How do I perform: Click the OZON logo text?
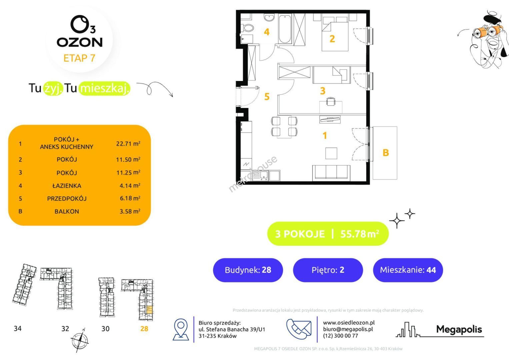coord(80,42)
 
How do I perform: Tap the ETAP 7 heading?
coord(79,58)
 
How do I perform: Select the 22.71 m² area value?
coord(128,144)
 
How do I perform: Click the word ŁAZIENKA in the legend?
coord(67,186)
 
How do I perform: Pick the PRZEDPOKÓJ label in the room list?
coord(67,199)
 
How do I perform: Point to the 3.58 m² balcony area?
coord(130,211)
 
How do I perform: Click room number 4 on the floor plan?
coord(267,32)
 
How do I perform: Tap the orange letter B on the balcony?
coord(386,153)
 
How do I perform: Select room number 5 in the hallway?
coord(267,97)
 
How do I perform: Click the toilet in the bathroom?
coord(248,28)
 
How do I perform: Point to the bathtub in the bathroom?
coord(285,29)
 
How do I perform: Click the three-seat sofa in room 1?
coord(331,173)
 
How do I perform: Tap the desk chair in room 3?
coord(331,101)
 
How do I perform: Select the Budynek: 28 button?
coord(248,270)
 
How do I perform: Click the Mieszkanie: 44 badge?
coord(408,270)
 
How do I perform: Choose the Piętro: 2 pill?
coord(328,270)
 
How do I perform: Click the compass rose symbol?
coord(80,340)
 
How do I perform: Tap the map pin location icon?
coord(181,329)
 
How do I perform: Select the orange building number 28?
coord(144,329)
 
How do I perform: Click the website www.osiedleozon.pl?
coord(349,323)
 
